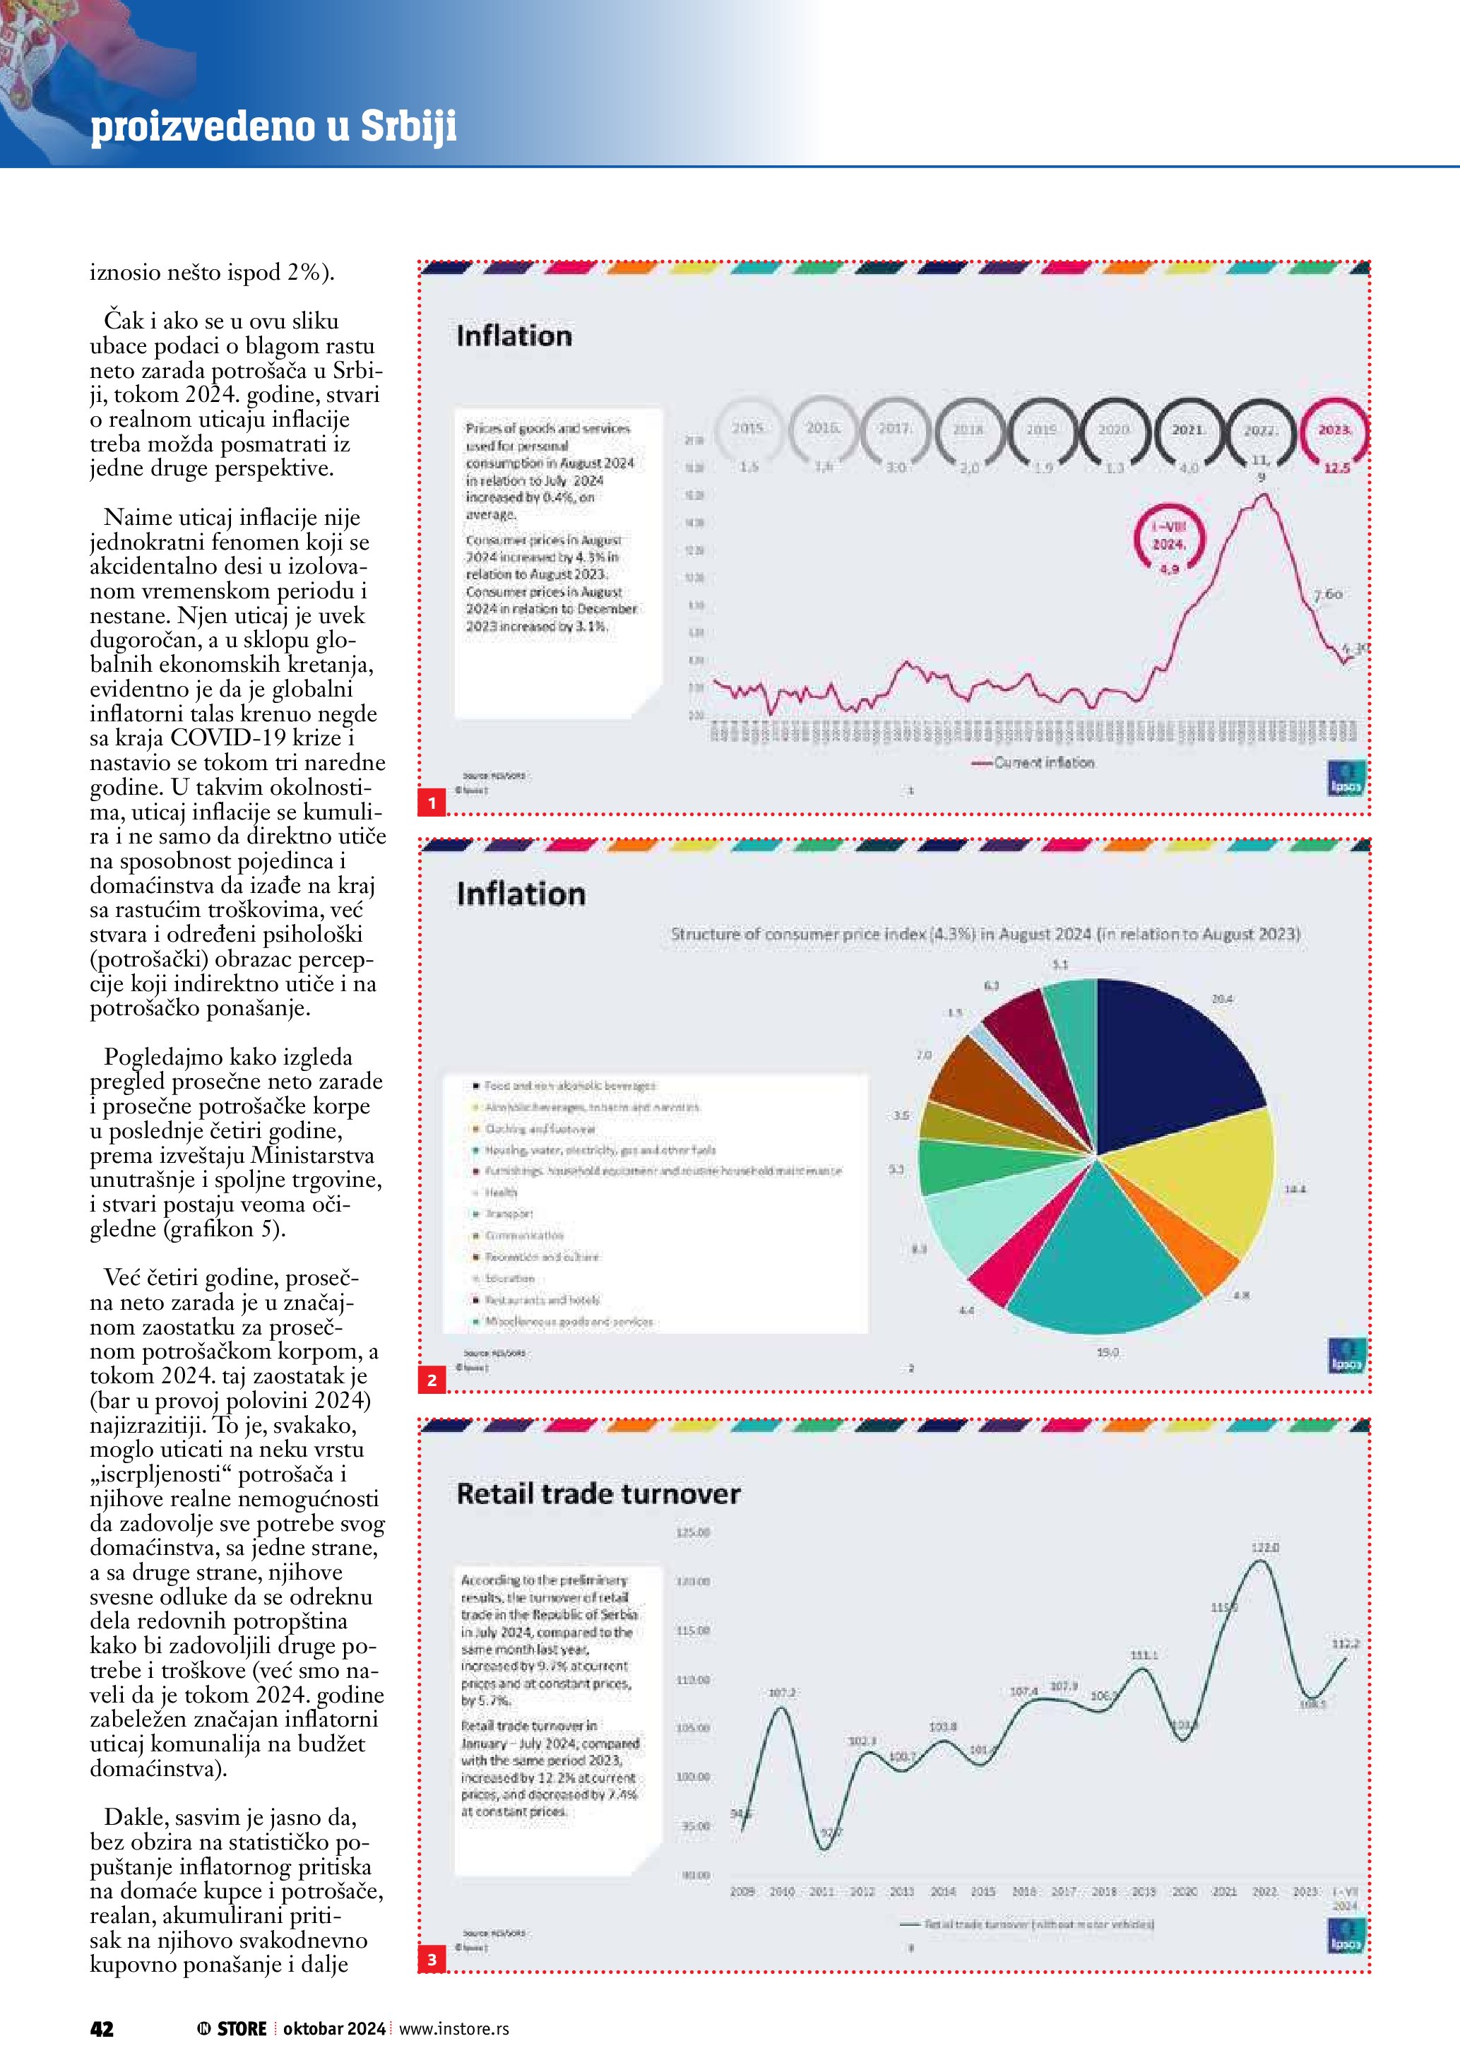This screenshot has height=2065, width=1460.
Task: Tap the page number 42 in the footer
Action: pos(102,2028)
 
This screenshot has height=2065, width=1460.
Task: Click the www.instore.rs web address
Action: pos(454,2028)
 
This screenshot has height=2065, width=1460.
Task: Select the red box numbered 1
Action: pos(432,803)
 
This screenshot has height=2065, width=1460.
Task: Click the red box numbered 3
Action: pos(432,1959)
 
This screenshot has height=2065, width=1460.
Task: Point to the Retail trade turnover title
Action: pos(598,1494)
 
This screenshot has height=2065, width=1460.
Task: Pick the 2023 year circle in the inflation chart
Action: pos(1334,432)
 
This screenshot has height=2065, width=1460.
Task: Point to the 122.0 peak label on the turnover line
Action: pos(1265,1548)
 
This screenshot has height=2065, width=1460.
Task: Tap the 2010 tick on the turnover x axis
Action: pos(781,1891)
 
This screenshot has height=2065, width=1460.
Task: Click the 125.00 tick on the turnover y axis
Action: pos(692,1532)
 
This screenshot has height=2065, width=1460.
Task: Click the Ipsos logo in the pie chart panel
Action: pos(1346,1356)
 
